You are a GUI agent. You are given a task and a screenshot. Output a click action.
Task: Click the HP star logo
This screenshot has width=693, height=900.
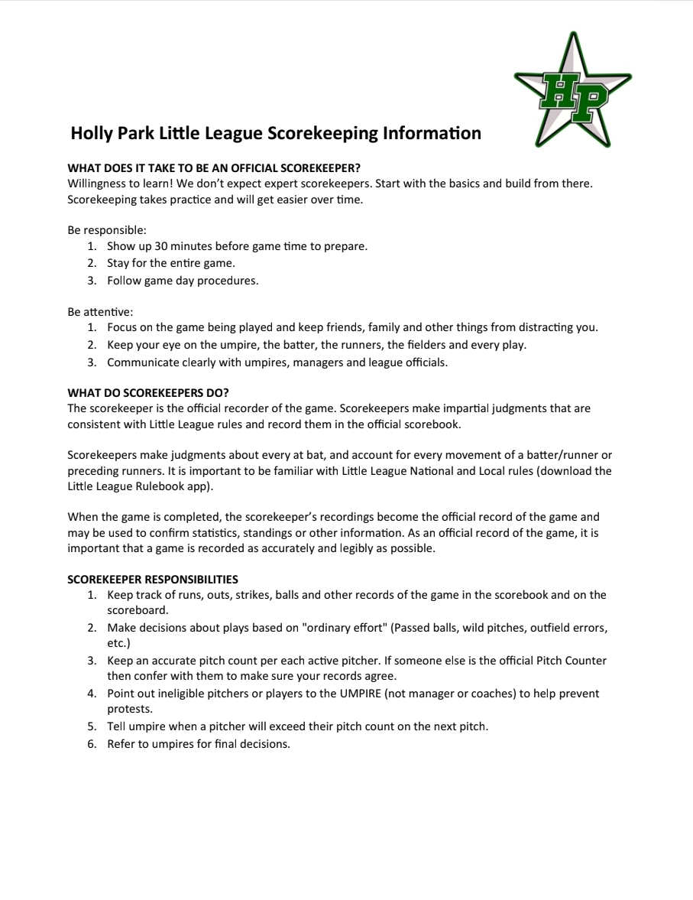[x=572, y=93]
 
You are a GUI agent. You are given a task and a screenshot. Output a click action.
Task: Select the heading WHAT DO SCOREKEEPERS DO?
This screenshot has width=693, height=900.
[x=148, y=393]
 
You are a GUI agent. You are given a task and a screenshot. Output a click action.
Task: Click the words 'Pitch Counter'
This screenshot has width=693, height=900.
[x=571, y=661]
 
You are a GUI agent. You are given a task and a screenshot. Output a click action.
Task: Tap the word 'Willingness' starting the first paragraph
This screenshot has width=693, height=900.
[x=99, y=184]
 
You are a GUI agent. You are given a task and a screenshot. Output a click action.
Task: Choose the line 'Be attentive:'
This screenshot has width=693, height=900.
[x=100, y=311]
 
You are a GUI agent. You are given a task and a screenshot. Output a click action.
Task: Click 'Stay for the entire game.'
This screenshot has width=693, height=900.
[x=171, y=263]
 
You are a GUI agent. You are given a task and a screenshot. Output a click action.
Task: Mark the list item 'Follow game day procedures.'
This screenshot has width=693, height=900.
[x=183, y=280]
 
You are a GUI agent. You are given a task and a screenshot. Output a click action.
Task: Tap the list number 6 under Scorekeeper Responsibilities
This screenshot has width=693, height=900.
[x=91, y=744]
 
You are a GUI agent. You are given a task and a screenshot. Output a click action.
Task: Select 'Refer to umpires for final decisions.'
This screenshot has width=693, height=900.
[x=199, y=744]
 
